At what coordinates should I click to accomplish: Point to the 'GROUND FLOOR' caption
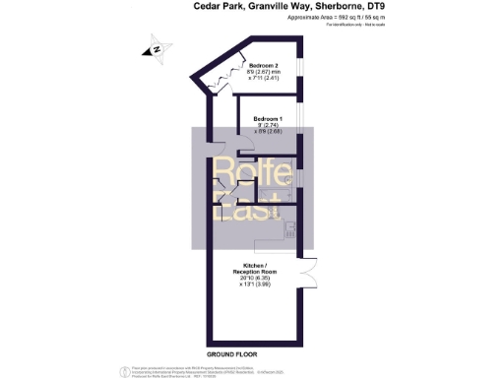point(232,352)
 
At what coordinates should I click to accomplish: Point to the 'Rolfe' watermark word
point(253,174)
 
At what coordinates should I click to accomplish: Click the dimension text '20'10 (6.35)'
point(255,279)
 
